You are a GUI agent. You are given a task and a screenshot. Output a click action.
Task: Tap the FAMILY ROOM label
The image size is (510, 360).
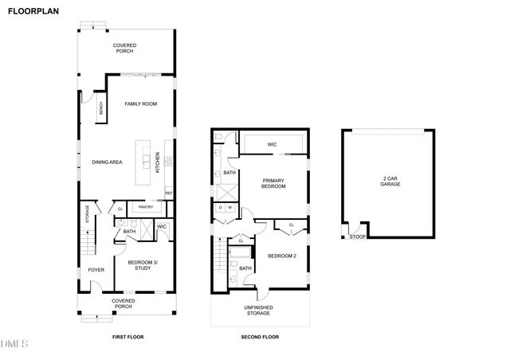pos(139,104)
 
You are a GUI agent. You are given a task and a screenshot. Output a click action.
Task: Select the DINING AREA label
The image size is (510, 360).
pos(107,162)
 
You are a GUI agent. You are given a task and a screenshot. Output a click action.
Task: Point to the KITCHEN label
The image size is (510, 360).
pos(158,162)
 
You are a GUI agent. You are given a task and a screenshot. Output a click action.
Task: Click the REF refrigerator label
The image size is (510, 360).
pos(168,194)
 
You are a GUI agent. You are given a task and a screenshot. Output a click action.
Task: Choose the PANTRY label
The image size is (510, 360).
pos(145,207)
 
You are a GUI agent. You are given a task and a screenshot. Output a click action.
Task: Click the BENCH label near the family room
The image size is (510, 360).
pos(100,110)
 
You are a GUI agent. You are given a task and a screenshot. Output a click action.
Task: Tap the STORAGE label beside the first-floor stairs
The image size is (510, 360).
pos(87,215)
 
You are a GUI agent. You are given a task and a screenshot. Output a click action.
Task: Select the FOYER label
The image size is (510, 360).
pos(96,270)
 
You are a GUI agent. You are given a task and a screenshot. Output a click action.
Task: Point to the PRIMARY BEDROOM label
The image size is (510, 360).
pos(273,184)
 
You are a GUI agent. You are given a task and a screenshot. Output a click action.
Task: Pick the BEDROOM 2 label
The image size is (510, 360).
pos(282,256)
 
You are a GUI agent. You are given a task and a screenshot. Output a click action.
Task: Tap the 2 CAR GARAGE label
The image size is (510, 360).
pos(390,182)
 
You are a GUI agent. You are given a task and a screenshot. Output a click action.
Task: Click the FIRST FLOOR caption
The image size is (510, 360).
pos(127,338)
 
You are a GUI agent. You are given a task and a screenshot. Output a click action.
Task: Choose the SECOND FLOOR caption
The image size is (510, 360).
pos(260,338)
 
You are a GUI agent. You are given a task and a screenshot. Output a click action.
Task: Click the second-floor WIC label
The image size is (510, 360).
pos(272,144)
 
